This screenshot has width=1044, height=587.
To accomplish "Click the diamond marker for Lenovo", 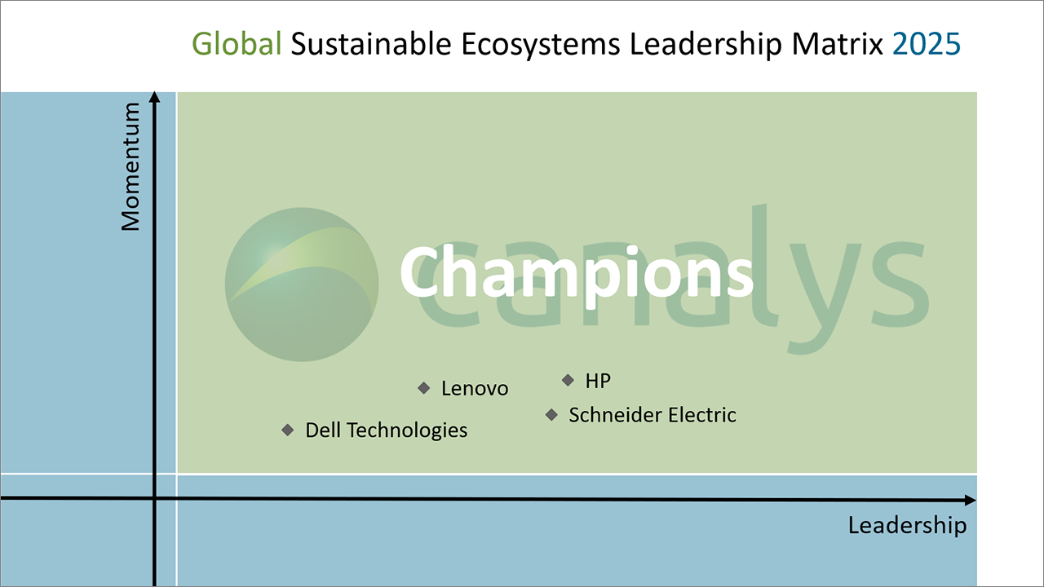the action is click(x=423, y=388).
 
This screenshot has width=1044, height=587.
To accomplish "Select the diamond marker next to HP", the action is click(x=568, y=381).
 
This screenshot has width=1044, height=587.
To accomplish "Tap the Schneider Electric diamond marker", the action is click(x=551, y=415).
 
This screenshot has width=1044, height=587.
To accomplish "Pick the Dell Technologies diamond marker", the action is click(x=288, y=430).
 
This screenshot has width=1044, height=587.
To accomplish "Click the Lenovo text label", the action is click(x=475, y=389).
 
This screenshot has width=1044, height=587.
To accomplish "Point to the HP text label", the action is click(x=598, y=381).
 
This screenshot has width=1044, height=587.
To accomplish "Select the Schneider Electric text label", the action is click(x=652, y=415).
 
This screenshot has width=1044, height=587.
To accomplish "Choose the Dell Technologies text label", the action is click(x=387, y=430).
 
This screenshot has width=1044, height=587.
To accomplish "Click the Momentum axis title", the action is click(x=130, y=166).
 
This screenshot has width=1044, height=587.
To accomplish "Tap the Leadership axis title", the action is click(x=907, y=526).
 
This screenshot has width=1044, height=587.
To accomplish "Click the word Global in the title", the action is click(x=237, y=44).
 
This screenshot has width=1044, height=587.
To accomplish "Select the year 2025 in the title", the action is click(x=927, y=44).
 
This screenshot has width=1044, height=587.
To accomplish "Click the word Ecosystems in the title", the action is click(x=541, y=45).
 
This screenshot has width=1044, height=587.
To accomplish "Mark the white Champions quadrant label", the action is click(x=577, y=273).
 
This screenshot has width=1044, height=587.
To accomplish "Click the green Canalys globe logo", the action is click(x=302, y=285).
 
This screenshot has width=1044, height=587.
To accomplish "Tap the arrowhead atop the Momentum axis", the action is click(x=155, y=97).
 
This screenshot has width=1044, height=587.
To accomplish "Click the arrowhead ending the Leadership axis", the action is click(x=970, y=501).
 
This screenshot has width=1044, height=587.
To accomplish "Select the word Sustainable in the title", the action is click(x=371, y=44).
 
